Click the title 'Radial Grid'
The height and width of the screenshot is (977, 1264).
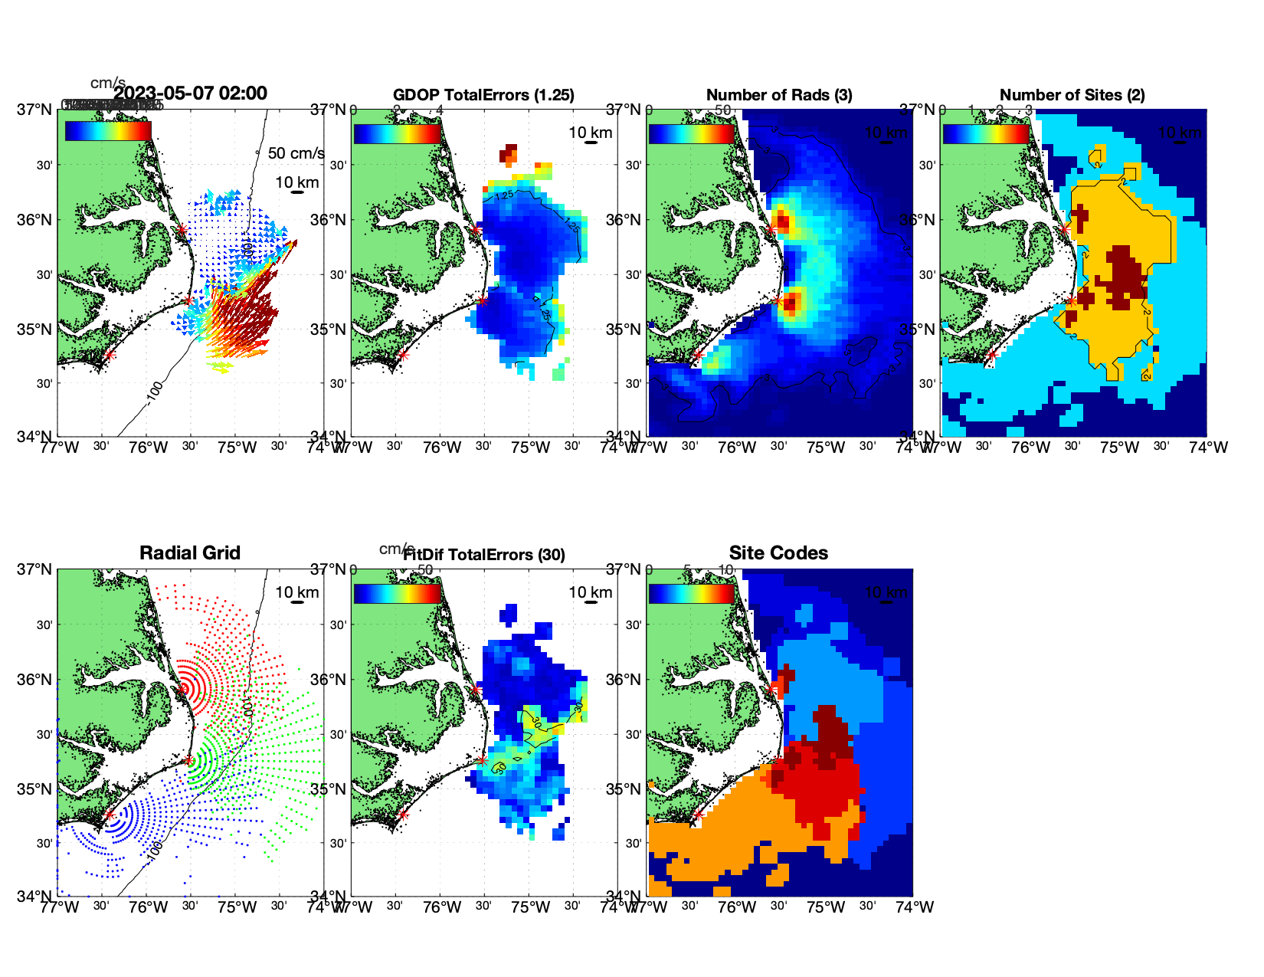point(189,553)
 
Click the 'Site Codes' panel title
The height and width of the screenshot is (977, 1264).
point(778,553)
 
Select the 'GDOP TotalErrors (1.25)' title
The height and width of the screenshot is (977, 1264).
point(483,95)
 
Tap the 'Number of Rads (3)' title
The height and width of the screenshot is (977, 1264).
point(779,95)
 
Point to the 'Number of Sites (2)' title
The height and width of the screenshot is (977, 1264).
point(1072,95)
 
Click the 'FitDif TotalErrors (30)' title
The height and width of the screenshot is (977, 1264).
point(484,555)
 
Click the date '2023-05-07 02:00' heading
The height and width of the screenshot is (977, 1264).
point(191,93)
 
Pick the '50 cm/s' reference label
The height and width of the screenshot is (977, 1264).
point(296,153)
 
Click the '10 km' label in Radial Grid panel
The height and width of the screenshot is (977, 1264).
point(297,592)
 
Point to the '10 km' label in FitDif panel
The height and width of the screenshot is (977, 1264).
point(591,592)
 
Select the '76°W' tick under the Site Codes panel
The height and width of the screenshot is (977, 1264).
point(737,907)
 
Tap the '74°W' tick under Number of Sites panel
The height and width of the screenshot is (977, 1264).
point(1208,448)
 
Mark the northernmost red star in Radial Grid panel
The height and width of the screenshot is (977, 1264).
point(182,690)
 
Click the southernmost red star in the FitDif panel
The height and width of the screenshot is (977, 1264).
point(403,815)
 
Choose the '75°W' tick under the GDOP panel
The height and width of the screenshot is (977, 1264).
point(531,448)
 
